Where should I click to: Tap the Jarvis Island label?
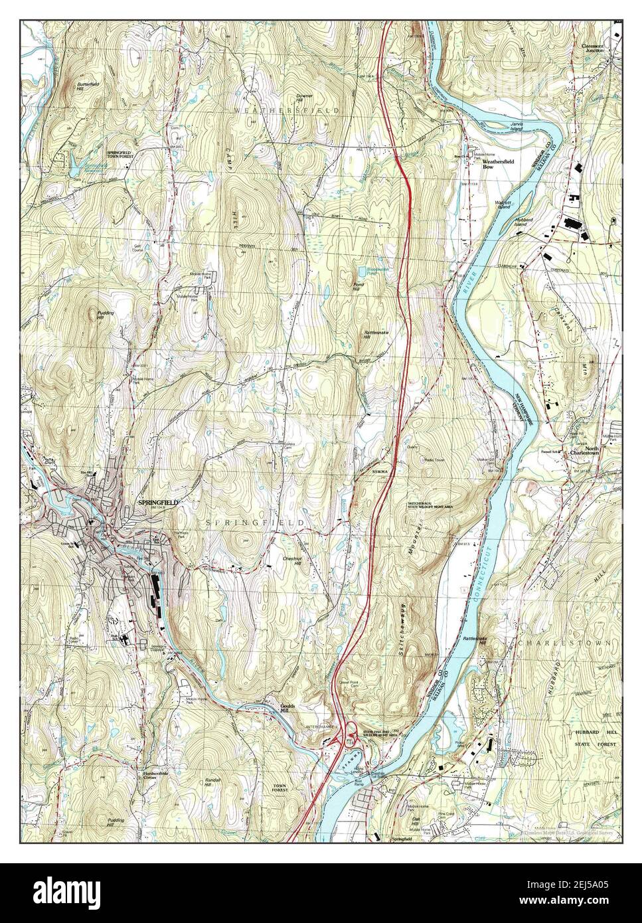coord(512,126)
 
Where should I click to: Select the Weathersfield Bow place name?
coord(497,164)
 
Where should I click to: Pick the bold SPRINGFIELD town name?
coord(157,503)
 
